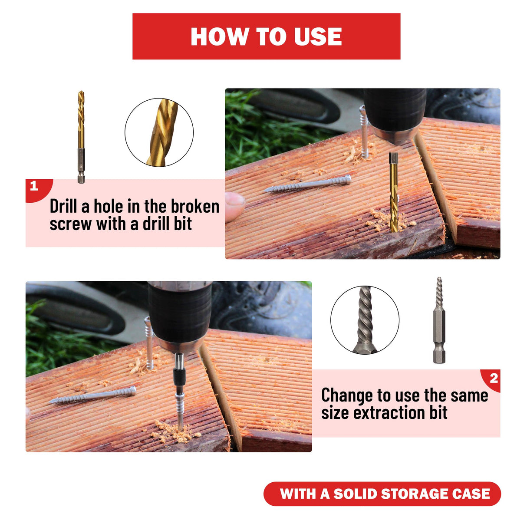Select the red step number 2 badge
491,380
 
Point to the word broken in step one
195,207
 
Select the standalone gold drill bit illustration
81,137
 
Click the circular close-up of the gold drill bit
159,132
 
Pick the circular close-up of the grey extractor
365,319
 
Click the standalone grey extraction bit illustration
439,320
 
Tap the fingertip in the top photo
234,207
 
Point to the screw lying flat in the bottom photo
92,395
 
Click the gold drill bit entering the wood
394,193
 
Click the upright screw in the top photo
364,132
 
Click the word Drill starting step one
63,207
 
